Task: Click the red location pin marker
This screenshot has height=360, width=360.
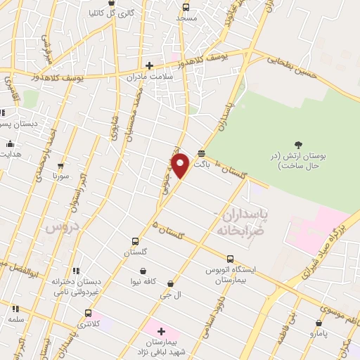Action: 181,166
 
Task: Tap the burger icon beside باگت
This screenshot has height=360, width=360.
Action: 202,153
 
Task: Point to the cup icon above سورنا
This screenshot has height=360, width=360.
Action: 61,167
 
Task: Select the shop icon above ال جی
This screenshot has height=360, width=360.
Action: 170,284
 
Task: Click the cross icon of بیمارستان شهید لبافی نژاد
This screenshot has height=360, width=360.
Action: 161,330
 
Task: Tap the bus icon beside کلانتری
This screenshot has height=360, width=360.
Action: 88,313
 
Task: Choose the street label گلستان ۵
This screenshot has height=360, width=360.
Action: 167,230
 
